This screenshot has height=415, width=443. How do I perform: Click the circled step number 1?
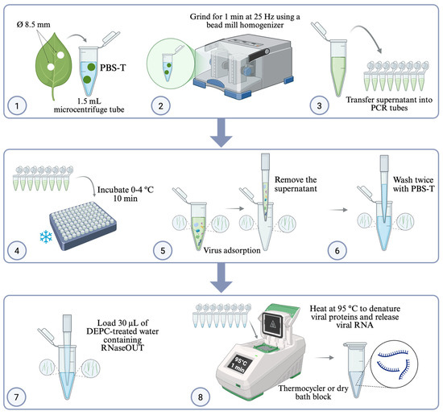(x=17, y=106)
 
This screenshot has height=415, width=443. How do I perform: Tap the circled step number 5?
(x=163, y=250)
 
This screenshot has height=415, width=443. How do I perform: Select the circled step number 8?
(x=201, y=397)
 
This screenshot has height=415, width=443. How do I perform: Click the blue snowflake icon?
(x=46, y=237)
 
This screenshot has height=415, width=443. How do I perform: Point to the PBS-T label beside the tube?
(x=113, y=68)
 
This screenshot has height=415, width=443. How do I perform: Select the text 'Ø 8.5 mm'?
(x=33, y=25)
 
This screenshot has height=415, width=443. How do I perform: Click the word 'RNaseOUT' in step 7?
(x=122, y=348)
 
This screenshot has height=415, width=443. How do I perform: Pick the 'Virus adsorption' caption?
(x=232, y=250)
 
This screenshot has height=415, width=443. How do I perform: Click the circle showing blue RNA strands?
(x=394, y=364)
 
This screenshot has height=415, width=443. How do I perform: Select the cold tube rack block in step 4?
(x=83, y=226)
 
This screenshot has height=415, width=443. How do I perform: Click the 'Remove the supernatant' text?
(x=296, y=184)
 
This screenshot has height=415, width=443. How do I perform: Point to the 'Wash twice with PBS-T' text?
(x=414, y=184)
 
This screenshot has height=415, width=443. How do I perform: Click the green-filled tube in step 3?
(x=338, y=68)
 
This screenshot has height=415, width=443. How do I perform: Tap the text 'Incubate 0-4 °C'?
(x=126, y=190)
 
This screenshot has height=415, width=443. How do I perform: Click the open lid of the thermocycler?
(x=279, y=322)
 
